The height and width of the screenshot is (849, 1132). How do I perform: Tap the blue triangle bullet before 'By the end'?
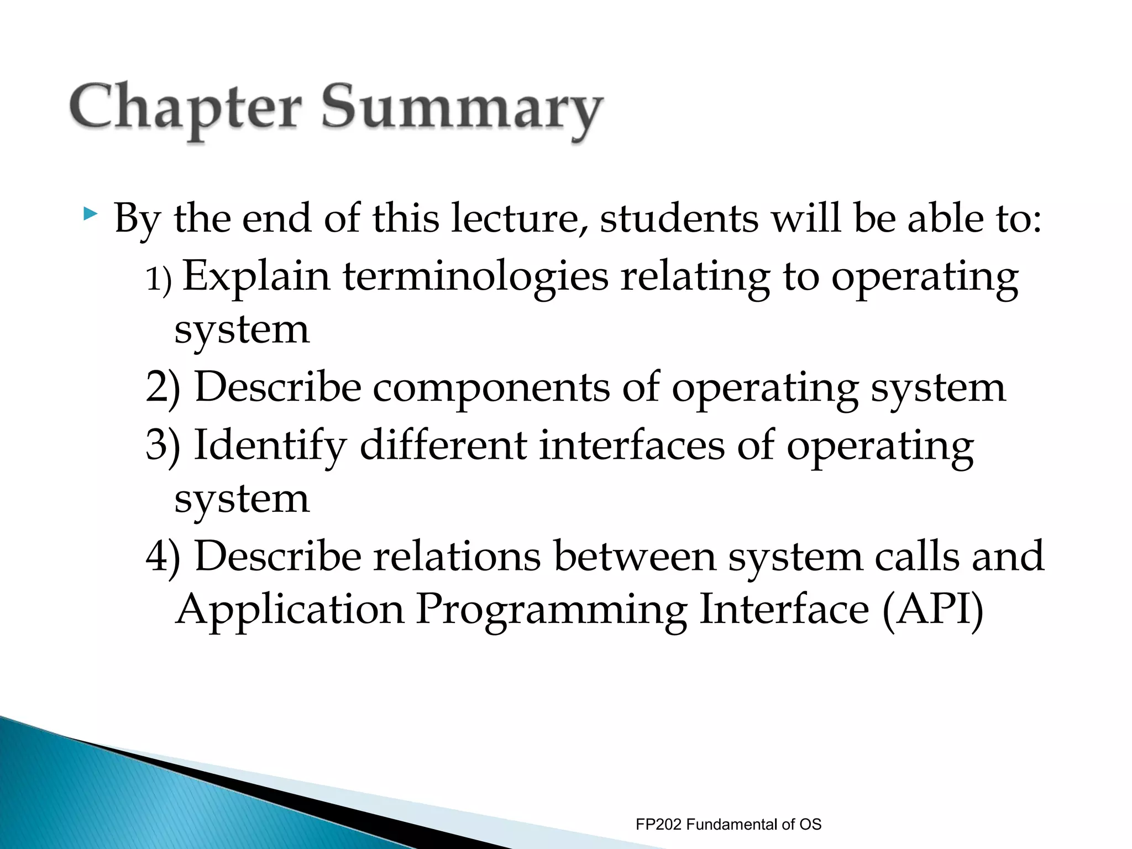[x=90, y=213]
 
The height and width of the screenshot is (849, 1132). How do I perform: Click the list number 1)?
[x=159, y=279]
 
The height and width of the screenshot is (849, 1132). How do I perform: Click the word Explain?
[x=256, y=276]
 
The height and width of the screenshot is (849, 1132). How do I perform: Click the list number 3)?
[x=163, y=446]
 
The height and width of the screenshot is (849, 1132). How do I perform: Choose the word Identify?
[x=270, y=446]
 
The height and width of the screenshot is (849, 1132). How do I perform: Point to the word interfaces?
[x=631, y=446]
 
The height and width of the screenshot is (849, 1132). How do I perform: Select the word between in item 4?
[x=635, y=556]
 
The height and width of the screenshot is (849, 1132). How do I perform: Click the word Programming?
[x=551, y=610]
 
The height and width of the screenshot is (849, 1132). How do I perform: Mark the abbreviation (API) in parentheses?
[x=932, y=609]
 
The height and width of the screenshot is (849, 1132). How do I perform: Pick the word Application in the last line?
[x=290, y=610]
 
